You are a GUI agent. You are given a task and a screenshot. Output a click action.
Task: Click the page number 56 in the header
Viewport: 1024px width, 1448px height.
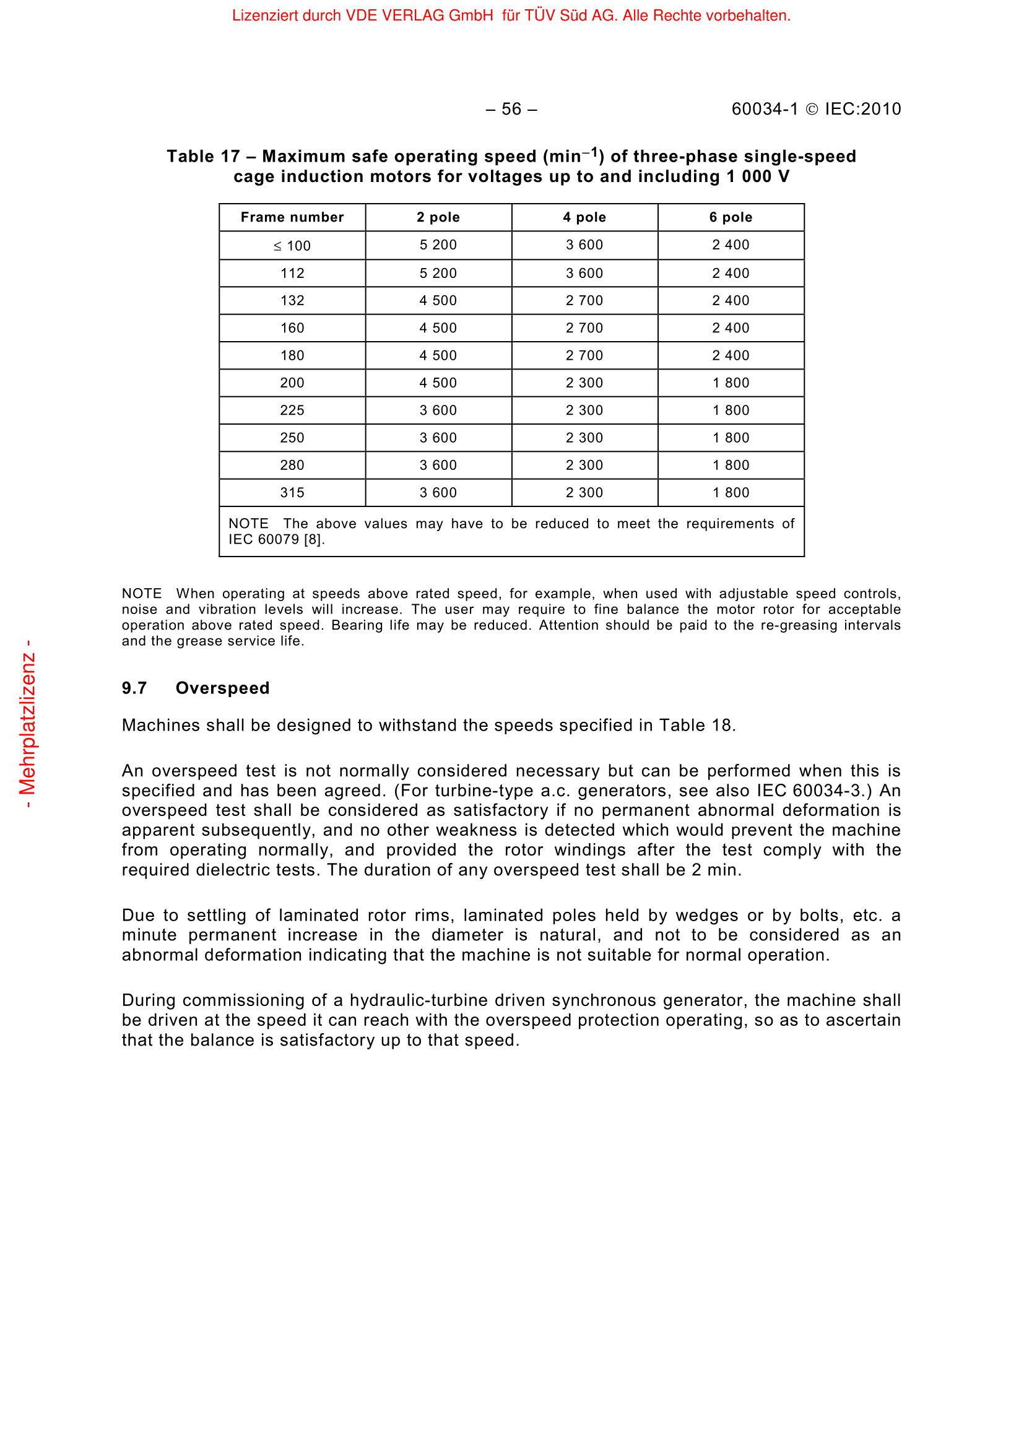pyautogui.click(x=511, y=109)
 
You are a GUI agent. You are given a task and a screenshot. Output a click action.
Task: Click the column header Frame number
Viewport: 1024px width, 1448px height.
pyautogui.click(x=292, y=217)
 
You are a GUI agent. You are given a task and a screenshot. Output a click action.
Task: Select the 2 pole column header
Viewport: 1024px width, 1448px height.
pyautogui.click(x=438, y=217)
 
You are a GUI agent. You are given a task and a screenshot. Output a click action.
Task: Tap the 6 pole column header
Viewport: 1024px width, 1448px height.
pyautogui.click(x=731, y=217)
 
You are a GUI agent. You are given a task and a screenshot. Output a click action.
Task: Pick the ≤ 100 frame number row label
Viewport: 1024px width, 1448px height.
pyautogui.click(x=292, y=245)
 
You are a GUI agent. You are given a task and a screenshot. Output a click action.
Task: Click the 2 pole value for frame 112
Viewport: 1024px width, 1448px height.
pyautogui.click(x=438, y=273)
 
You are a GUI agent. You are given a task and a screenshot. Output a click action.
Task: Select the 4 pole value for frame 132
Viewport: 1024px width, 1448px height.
pyautogui.click(x=584, y=300)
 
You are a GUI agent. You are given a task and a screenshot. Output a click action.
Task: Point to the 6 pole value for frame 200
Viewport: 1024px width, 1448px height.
pyautogui.click(x=731, y=383)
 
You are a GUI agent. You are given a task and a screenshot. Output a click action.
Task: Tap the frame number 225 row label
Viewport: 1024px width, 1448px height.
pyautogui.click(x=292, y=410)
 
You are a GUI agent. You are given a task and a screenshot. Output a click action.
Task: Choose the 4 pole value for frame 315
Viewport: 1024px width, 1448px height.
pyautogui.click(x=584, y=493)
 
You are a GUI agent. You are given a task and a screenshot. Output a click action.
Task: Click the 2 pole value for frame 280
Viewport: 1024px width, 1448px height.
pyautogui.click(x=438, y=465)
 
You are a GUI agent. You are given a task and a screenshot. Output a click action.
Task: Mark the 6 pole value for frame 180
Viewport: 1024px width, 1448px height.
pyautogui.click(x=731, y=355)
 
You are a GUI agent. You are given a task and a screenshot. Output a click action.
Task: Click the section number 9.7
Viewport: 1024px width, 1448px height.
pyautogui.click(x=134, y=688)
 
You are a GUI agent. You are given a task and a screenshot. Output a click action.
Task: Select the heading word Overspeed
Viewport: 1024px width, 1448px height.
pyautogui.click(x=223, y=688)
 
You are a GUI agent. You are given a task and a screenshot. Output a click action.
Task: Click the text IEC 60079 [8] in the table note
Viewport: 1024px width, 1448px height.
pyautogui.click(x=276, y=539)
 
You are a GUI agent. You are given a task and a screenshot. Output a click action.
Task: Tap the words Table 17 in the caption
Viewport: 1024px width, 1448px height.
pyautogui.click(x=203, y=157)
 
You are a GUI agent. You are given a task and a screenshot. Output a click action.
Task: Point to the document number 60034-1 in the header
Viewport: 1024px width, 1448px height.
pyautogui.click(x=765, y=109)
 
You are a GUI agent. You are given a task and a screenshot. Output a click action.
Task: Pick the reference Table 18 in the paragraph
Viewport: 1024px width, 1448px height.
pyautogui.click(x=695, y=726)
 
